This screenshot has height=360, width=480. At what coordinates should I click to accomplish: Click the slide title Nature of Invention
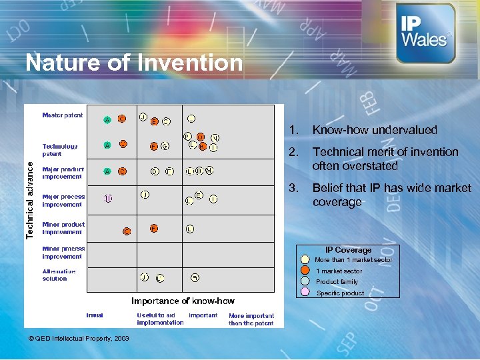point(134,63)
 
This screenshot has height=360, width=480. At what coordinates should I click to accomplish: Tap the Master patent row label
point(63,115)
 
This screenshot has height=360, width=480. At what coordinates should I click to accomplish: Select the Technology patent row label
point(60,150)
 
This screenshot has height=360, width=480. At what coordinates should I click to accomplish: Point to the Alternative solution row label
point(59,275)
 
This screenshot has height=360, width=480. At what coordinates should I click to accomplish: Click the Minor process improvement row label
point(63,252)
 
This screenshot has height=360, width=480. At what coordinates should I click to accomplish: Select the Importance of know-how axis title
point(183,301)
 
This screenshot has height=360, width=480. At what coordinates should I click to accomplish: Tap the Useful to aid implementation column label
point(160,319)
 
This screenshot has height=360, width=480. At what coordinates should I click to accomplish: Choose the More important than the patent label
point(251,319)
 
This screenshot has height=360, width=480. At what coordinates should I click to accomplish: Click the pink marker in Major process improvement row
point(108,198)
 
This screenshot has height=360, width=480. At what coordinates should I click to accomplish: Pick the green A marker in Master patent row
point(107,120)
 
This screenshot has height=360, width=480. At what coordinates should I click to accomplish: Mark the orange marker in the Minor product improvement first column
point(127,231)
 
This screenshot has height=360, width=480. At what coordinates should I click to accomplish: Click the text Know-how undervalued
point(375,130)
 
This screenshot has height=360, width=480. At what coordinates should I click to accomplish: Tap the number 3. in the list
point(293,188)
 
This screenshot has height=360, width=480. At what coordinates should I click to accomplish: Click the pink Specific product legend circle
point(305,293)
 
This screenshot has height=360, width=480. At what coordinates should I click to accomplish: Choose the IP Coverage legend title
point(348,250)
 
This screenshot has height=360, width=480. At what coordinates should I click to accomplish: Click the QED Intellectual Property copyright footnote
point(79,339)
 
